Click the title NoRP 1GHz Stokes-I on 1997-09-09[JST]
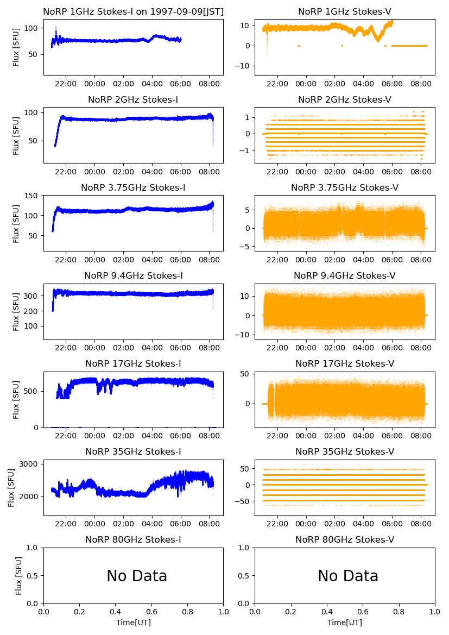(134, 11)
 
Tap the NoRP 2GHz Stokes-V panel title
(345, 99)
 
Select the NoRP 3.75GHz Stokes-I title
(134, 187)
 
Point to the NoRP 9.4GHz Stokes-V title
(345, 275)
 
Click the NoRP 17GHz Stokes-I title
(134, 363)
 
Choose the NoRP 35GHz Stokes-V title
(345, 451)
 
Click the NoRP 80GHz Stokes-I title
(134, 539)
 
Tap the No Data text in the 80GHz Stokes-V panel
(348, 576)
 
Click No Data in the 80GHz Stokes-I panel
(137, 576)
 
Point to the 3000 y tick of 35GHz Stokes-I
(30, 464)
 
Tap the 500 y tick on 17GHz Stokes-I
(32, 391)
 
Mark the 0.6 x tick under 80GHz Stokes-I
(151, 612)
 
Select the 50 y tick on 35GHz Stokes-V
(245, 468)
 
